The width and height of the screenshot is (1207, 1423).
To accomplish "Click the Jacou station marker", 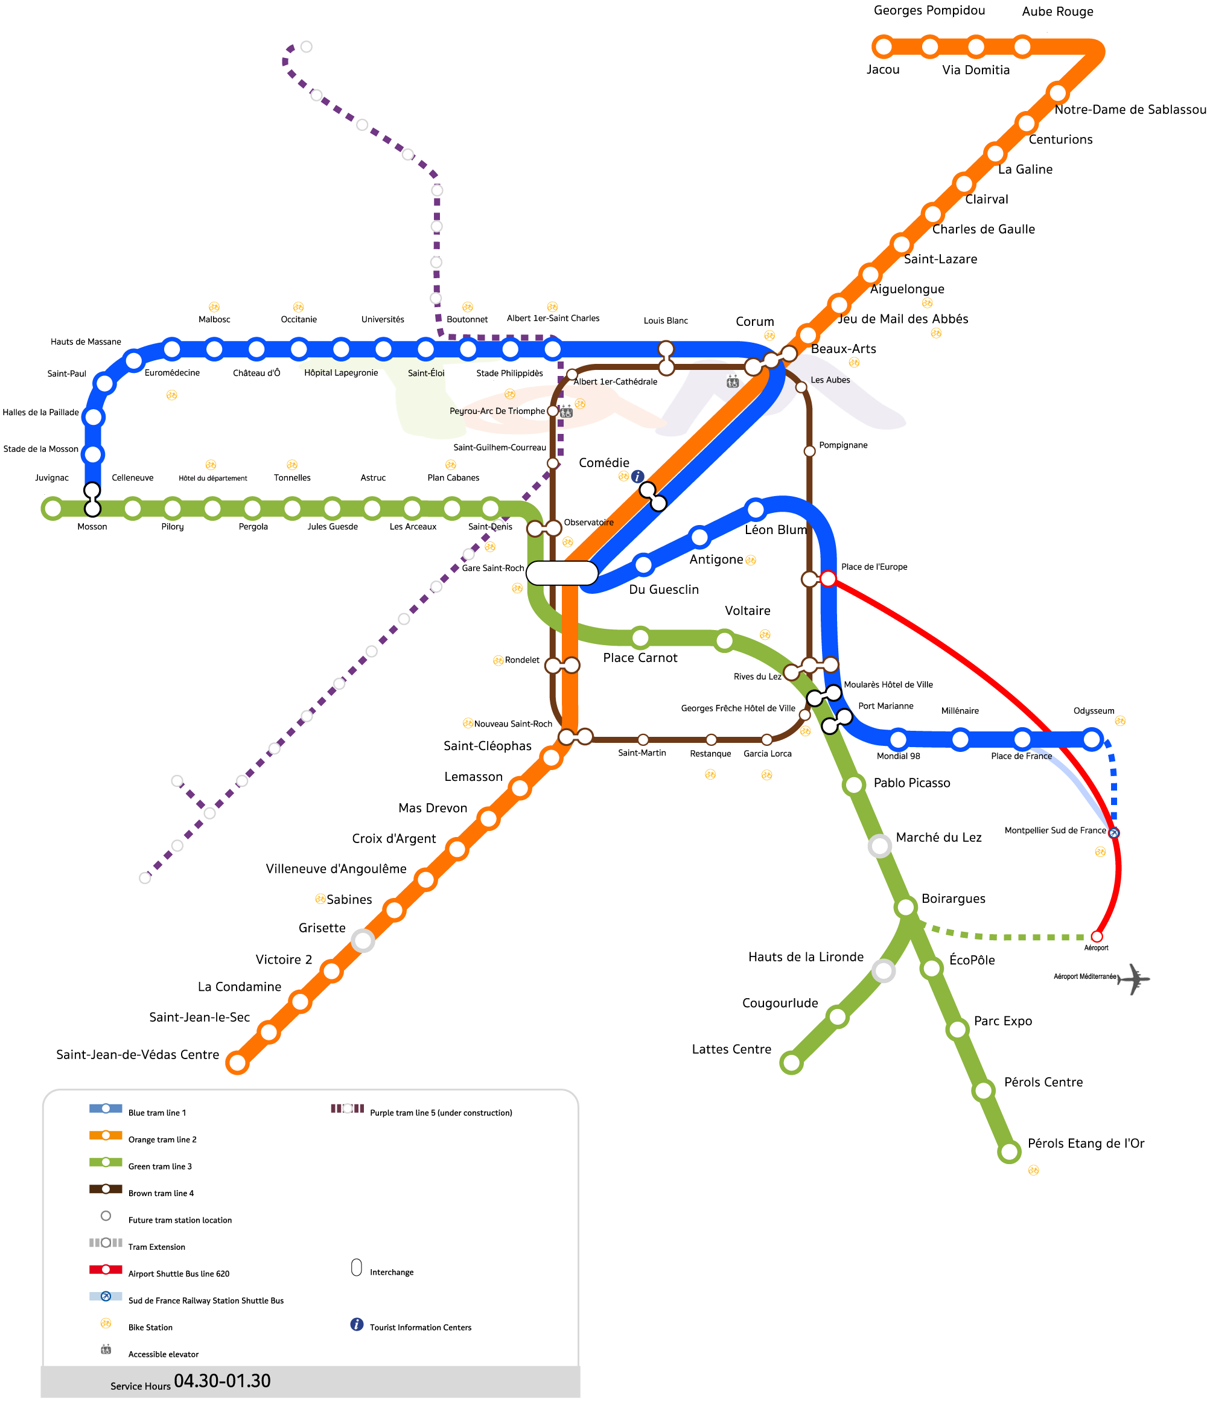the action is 884,46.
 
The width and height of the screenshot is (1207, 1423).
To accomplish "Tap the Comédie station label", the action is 603,463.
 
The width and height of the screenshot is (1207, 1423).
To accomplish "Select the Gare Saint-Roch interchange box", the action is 562,573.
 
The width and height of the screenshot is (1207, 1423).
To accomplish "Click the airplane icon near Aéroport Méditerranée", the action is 1134,979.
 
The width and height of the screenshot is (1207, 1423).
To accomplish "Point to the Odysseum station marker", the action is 1092,739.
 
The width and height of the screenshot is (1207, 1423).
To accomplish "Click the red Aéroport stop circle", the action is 1097,936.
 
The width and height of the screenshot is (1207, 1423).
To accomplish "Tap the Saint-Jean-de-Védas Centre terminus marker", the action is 237,1063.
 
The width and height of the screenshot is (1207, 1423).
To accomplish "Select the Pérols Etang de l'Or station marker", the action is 1008,1151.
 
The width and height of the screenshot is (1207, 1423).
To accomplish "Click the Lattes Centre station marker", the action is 791,1063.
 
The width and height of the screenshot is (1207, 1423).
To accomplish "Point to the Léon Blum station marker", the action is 756,509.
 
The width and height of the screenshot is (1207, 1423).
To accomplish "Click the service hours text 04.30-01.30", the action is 222,1381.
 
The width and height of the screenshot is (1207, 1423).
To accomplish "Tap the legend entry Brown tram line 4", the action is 161,1193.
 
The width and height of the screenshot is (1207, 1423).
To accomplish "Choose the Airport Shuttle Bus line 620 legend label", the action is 179,1274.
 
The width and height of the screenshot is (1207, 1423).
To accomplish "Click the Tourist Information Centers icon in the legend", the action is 357,1325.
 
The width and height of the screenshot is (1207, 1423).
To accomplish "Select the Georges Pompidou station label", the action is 929,10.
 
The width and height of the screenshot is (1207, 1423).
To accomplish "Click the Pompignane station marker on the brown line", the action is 809,451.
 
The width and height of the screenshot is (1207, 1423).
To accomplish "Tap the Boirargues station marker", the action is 905,907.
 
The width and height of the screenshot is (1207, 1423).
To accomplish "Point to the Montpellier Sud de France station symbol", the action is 1113,833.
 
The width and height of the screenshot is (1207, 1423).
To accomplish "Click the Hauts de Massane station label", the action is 86,342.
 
